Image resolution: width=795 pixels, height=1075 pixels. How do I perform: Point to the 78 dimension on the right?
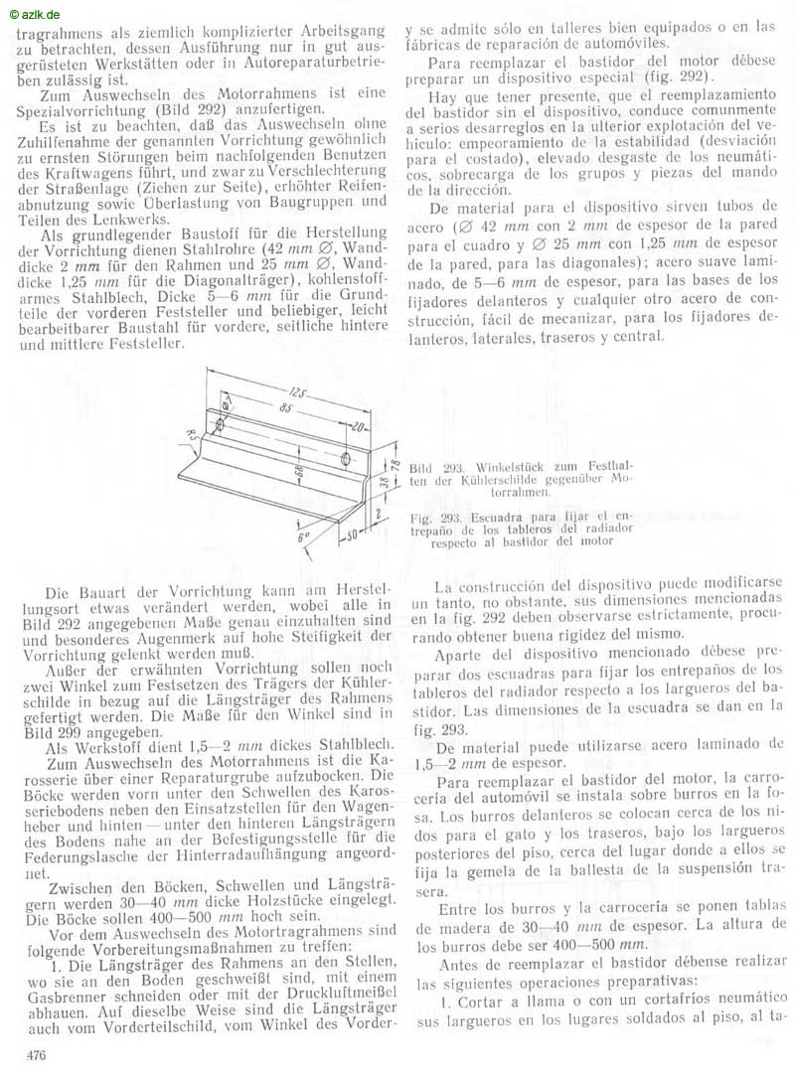pyautogui.click(x=395, y=467)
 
